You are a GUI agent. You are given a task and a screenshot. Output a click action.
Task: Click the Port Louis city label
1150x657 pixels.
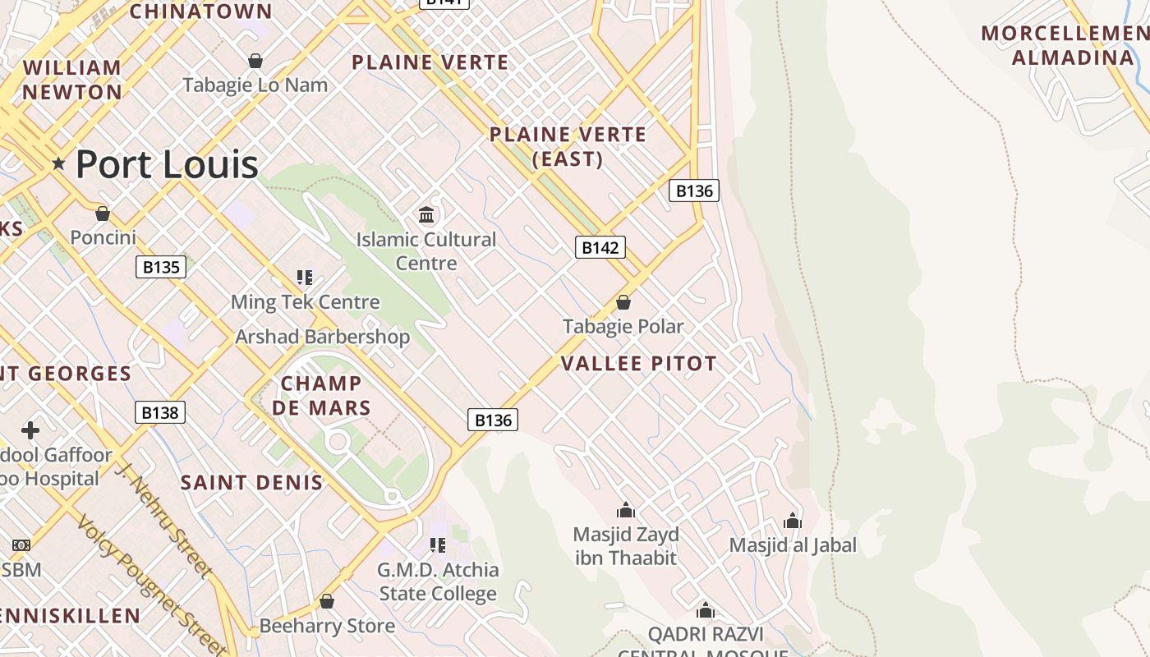point(167,164)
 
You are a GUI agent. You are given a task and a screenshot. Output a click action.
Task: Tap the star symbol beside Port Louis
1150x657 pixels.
point(58,163)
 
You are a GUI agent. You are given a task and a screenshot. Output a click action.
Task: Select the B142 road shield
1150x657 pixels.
point(600,247)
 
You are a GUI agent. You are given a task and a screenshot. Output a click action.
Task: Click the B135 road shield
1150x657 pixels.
point(161,267)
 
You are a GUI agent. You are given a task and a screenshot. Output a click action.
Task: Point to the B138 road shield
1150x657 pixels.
point(160,412)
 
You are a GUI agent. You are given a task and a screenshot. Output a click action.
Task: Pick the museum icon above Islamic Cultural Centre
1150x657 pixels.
point(426,215)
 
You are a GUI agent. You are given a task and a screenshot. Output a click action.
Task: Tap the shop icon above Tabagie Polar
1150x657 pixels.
point(623,302)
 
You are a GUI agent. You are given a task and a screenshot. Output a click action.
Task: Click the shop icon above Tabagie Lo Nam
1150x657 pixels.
point(255,61)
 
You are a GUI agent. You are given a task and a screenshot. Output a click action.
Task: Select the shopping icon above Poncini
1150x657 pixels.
point(103,214)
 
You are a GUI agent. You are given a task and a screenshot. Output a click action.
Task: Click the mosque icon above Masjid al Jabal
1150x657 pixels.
point(793,521)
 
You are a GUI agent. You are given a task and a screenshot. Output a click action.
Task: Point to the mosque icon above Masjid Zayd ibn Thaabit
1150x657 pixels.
point(626,510)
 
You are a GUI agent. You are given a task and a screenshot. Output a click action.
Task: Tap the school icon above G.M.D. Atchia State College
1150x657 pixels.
point(438,544)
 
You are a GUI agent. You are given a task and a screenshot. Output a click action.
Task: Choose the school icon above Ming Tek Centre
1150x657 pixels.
point(305,278)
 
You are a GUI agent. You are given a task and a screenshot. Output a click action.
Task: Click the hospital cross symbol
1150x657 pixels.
point(30,430)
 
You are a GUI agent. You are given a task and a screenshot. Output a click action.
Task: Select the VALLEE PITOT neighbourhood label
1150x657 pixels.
point(639,363)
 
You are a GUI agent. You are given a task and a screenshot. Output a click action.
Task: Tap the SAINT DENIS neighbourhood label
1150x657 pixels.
point(251,482)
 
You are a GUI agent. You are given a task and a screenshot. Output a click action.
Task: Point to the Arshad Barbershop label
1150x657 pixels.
point(322,337)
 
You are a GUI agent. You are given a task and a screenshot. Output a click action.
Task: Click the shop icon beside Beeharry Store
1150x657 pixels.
point(327,601)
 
